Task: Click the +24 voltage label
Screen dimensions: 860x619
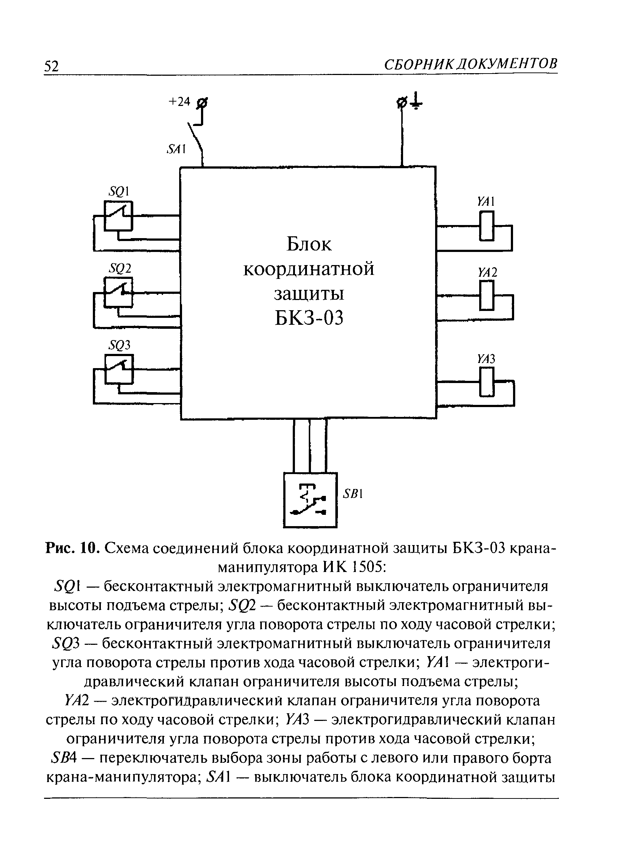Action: click(179, 102)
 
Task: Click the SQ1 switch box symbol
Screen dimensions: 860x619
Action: click(118, 216)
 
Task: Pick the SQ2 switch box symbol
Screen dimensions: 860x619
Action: click(118, 292)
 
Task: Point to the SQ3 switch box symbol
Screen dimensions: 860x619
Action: click(119, 369)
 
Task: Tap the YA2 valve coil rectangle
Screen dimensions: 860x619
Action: click(488, 295)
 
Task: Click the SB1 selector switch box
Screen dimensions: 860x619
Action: click(310, 500)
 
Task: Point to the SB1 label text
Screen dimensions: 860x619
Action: click(353, 494)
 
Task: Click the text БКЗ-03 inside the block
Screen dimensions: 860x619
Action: click(309, 318)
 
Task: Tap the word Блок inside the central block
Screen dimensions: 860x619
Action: click(309, 244)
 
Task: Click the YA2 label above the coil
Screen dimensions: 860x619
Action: click(487, 272)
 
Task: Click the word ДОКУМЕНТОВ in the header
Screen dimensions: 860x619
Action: click(506, 64)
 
